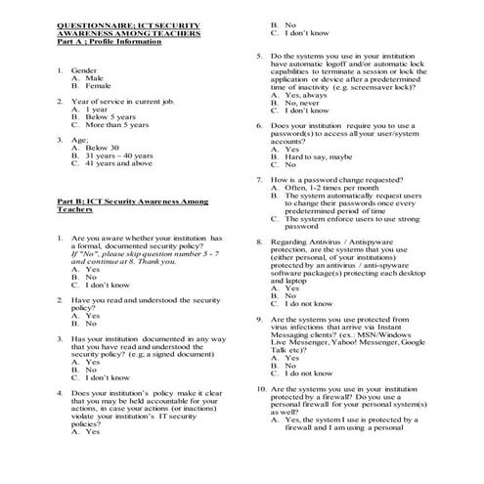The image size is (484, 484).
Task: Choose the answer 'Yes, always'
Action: point(305,94)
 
